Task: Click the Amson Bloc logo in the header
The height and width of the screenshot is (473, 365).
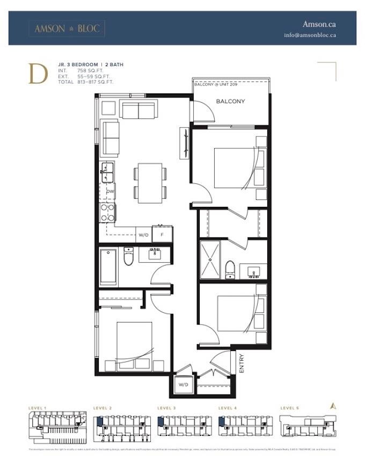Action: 67,28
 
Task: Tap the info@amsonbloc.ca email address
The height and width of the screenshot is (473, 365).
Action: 310,35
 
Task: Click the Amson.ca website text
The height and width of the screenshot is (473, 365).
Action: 319,24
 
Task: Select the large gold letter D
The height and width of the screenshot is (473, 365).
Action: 38,74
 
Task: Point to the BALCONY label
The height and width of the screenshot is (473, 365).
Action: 230,101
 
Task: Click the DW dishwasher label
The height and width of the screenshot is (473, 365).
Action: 109,191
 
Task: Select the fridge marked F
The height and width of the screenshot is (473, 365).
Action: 162,235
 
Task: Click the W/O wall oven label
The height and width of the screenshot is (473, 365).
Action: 143,235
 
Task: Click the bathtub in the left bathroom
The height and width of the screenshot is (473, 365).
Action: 108,266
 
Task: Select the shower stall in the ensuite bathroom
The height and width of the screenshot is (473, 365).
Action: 210,260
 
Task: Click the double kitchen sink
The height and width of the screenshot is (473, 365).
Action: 107,173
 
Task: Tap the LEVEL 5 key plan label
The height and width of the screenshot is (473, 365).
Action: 290,408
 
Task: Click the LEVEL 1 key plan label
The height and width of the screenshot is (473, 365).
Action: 38,408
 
